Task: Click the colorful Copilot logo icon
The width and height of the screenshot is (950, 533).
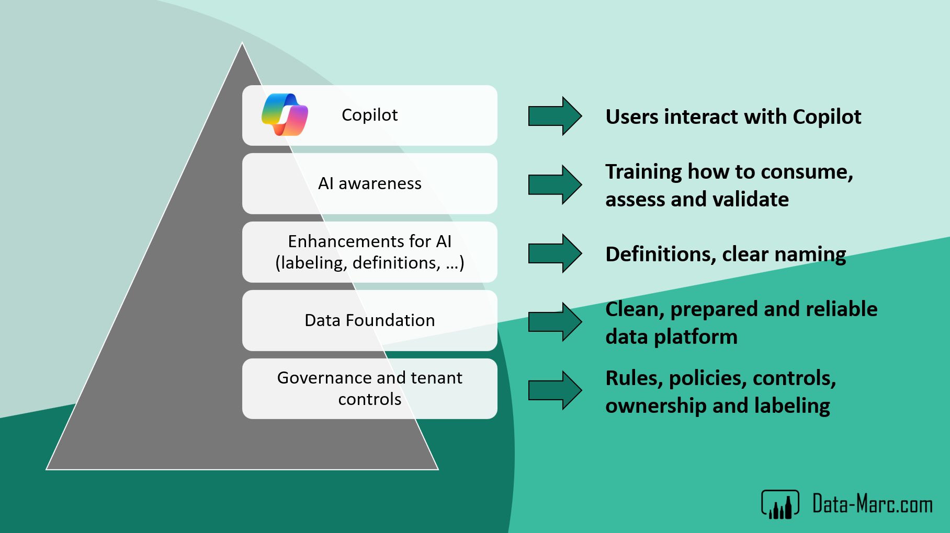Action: pyautogui.click(x=285, y=114)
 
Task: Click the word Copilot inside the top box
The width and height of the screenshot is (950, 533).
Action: pyautogui.click(x=369, y=115)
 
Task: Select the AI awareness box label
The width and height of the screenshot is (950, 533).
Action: pyautogui.click(x=369, y=183)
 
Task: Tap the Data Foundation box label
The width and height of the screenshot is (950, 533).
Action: pyautogui.click(x=369, y=320)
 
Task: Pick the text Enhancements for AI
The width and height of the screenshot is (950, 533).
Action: pyautogui.click(x=369, y=241)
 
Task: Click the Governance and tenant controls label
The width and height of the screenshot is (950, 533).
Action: pyautogui.click(x=369, y=388)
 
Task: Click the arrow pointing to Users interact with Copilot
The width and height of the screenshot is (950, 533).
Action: pyautogui.click(x=555, y=116)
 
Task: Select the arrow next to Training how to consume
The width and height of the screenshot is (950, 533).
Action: pyautogui.click(x=555, y=184)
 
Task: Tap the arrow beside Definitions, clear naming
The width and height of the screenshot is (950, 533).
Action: pyautogui.click(x=555, y=253)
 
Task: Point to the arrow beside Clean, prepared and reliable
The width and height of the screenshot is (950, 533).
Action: pyautogui.click(x=555, y=322)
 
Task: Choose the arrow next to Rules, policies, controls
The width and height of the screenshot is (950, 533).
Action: pyautogui.click(x=555, y=390)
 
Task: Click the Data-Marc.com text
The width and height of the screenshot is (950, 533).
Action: pyautogui.click(x=872, y=504)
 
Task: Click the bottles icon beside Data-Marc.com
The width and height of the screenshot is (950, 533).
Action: pyautogui.click(x=780, y=505)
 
